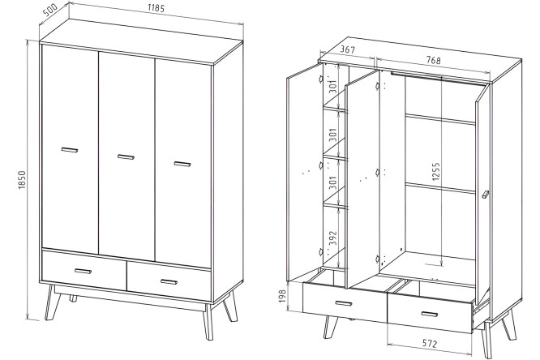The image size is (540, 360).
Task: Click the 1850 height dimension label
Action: tap(22, 180)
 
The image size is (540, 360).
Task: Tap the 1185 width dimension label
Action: tap(156, 7)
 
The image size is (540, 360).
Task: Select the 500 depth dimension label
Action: tap(50, 11)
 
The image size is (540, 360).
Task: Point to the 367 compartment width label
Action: tap(348, 49)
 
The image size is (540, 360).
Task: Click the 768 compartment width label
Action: tap(434, 60)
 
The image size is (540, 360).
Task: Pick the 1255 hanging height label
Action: tap(435, 172)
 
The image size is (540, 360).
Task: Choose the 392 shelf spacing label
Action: tap(332, 238)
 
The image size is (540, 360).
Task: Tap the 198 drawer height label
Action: tap(282, 296)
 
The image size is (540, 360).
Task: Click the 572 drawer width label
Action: tap(430, 343)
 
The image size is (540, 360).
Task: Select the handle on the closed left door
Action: tap(70, 150)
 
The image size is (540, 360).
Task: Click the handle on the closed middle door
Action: tap(126, 157)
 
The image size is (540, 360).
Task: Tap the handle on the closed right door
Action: tap(182, 164)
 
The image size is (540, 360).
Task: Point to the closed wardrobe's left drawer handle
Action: tap(83, 271)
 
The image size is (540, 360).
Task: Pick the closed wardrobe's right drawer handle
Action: tap(169, 282)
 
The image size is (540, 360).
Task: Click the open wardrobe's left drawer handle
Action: tap(344, 303)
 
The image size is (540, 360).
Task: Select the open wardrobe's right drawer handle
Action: tap(430, 314)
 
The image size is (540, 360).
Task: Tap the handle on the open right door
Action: tap(486, 195)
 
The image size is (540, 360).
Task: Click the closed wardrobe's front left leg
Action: tap(50, 302)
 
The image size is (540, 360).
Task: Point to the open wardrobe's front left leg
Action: tap(330, 327)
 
